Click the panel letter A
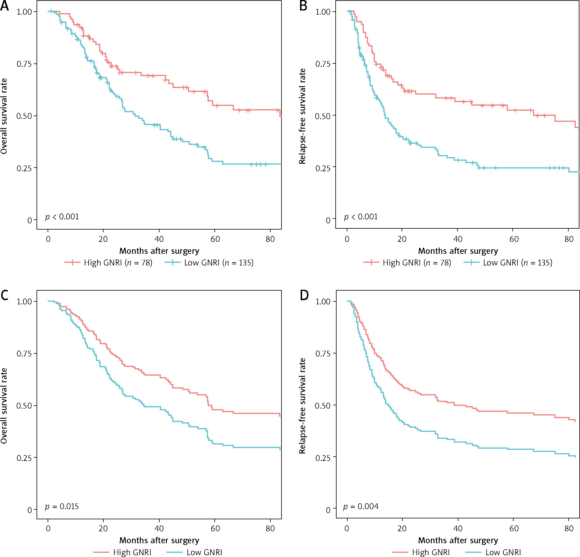pyautogui.click(x=4, y=6)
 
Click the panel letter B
pyautogui.click(x=303, y=6)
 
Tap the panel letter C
pyautogui.click(x=4, y=295)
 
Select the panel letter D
pyautogui.click(x=304, y=295)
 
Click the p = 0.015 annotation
pyautogui.click(x=62, y=506)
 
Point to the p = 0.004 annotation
pyautogui.click(x=361, y=506)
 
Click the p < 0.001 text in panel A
pyautogui.click(x=62, y=217)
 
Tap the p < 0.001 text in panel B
pyautogui.click(x=361, y=217)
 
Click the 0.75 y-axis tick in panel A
pyautogui.click(x=24, y=64)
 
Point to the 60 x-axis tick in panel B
pyautogui.click(x=514, y=239)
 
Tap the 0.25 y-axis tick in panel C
pyautogui.click(x=24, y=458)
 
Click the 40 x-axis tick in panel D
pyautogui.click(x=458, y=528)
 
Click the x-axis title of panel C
pyautogui.click(x=159, y=540)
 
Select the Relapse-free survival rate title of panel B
pyautogui.click(x=302, y=116)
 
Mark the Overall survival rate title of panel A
pyautogui.click(x=4, y=116)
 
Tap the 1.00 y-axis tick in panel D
pyautogui.click(x=323, y=301)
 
